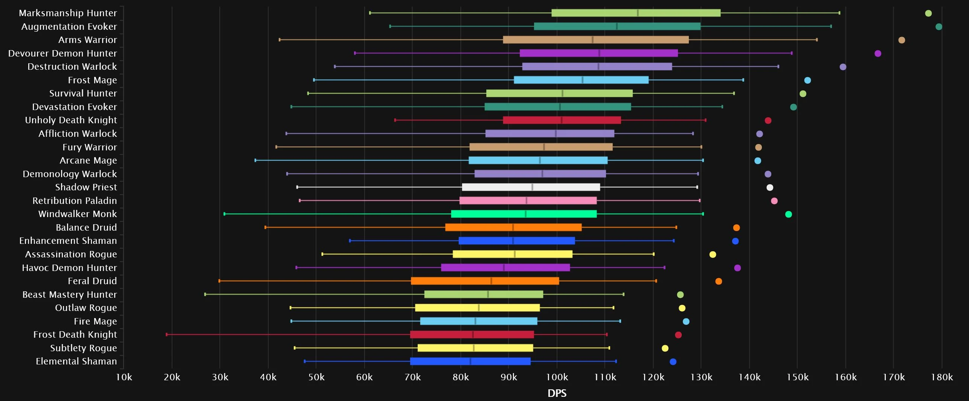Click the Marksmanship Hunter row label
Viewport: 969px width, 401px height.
tap(68, 13)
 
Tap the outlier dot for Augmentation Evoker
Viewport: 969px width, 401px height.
tap(938, 27)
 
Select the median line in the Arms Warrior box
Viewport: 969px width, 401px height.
tap(592, 40)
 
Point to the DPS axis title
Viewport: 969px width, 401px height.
tap(557, 393)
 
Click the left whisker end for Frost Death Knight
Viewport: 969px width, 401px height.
tap(167, 335)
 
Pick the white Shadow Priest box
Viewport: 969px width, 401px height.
tap(531, 187)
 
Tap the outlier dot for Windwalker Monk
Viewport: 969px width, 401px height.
tap(788, 214)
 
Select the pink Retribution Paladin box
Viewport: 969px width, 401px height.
tap(528, 200)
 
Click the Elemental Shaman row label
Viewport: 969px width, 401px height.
tap(76, 361)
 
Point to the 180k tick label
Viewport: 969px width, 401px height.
tap(942, 377)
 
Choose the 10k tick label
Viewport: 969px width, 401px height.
tap(124, 377)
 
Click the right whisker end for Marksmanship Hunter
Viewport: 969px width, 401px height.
tap(839, 13)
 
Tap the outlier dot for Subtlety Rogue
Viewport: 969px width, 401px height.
tap(665, 348)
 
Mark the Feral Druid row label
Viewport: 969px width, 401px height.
tap(92, 281)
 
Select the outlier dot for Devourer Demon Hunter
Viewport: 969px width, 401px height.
tap(877, 54)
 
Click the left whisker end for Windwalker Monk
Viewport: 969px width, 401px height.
tap(224, 214)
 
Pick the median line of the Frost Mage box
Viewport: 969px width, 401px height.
tap(582, 80)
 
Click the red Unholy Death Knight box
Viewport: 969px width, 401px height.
tap(562, 120)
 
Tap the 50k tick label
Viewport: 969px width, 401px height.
tap(316, 377)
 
